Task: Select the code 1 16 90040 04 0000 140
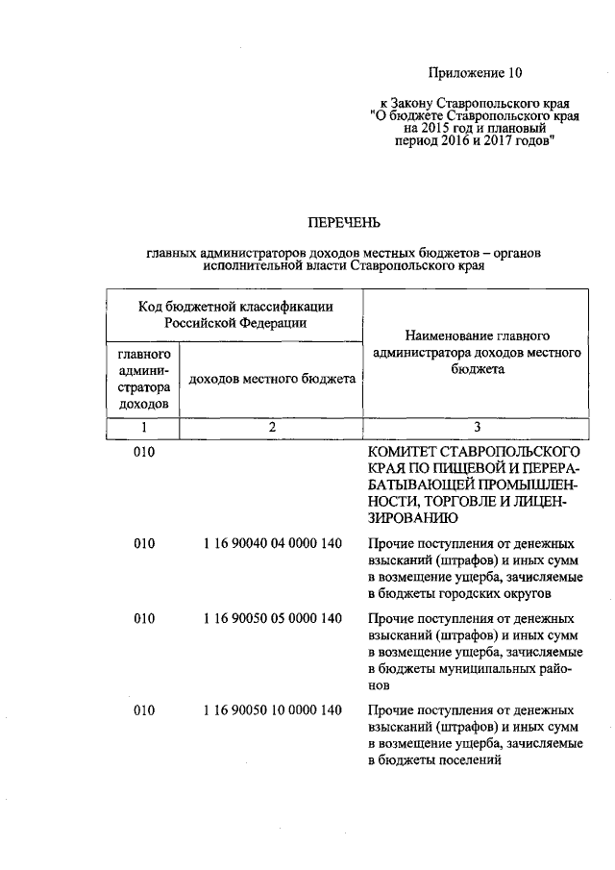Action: pos(273,544)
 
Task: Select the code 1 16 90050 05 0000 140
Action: pos(273,618)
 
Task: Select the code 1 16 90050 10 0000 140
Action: pos(273,710)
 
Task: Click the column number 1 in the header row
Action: pos(144,428)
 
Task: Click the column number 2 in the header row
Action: pos(273,428)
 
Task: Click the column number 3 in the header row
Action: pos(477,428)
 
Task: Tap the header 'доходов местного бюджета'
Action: pos(273,380)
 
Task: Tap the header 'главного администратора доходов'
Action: pos(144,380)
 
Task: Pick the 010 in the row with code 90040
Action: pos(144,544)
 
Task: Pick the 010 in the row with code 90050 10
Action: pos(144,710)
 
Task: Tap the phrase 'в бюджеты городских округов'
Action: pos(455,593)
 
